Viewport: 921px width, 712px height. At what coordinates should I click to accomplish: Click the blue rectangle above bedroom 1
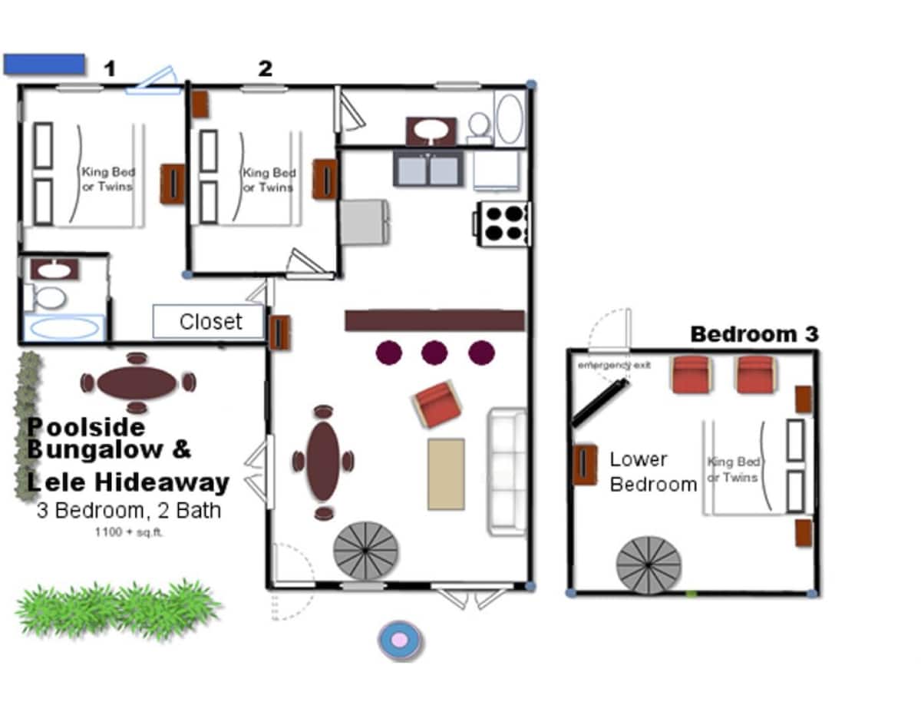[44, 65]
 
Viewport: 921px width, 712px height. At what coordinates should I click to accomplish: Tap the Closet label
[210, 322]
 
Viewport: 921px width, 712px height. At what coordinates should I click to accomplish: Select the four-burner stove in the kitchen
[502, 224]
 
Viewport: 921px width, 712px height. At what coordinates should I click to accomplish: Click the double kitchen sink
[428, 168]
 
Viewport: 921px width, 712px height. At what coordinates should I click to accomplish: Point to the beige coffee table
[446, 474]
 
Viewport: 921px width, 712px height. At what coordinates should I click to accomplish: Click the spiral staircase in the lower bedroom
[649, 565]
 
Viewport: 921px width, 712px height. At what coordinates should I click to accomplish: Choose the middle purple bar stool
[434, 353]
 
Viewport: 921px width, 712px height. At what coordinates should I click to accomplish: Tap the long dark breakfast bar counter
[435, 320]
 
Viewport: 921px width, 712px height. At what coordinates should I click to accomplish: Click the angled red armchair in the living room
[437, 404]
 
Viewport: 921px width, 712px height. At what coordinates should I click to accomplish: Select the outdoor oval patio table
[137, 382]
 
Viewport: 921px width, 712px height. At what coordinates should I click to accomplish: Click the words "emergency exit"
[614, 365]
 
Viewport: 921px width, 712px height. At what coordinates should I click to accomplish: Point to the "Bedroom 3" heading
[754, 334]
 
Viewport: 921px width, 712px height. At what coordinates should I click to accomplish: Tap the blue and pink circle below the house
[400, 641]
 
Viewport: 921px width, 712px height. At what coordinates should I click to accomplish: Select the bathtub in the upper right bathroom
[510, 118]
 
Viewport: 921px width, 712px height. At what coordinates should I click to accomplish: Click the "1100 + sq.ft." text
[129, 532]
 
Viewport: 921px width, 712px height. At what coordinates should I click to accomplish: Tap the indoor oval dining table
[323, 462]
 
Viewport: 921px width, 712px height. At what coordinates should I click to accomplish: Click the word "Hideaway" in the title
[162, 482]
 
